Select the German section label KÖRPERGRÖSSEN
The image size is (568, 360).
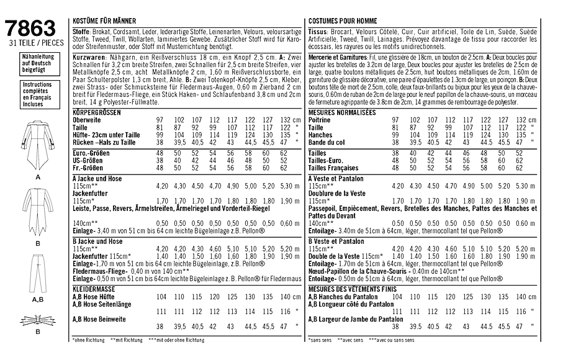pyautogui.click(x=96, y=112)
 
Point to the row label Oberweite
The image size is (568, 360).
pyautogui.click(x=87, y=119)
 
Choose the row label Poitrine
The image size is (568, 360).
pyautogui.click(x=320, y=119)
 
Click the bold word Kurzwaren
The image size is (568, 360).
pyautogui.click(x=88, y=56)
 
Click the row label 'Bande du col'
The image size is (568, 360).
pyautogui.click(x=327, y=142)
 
